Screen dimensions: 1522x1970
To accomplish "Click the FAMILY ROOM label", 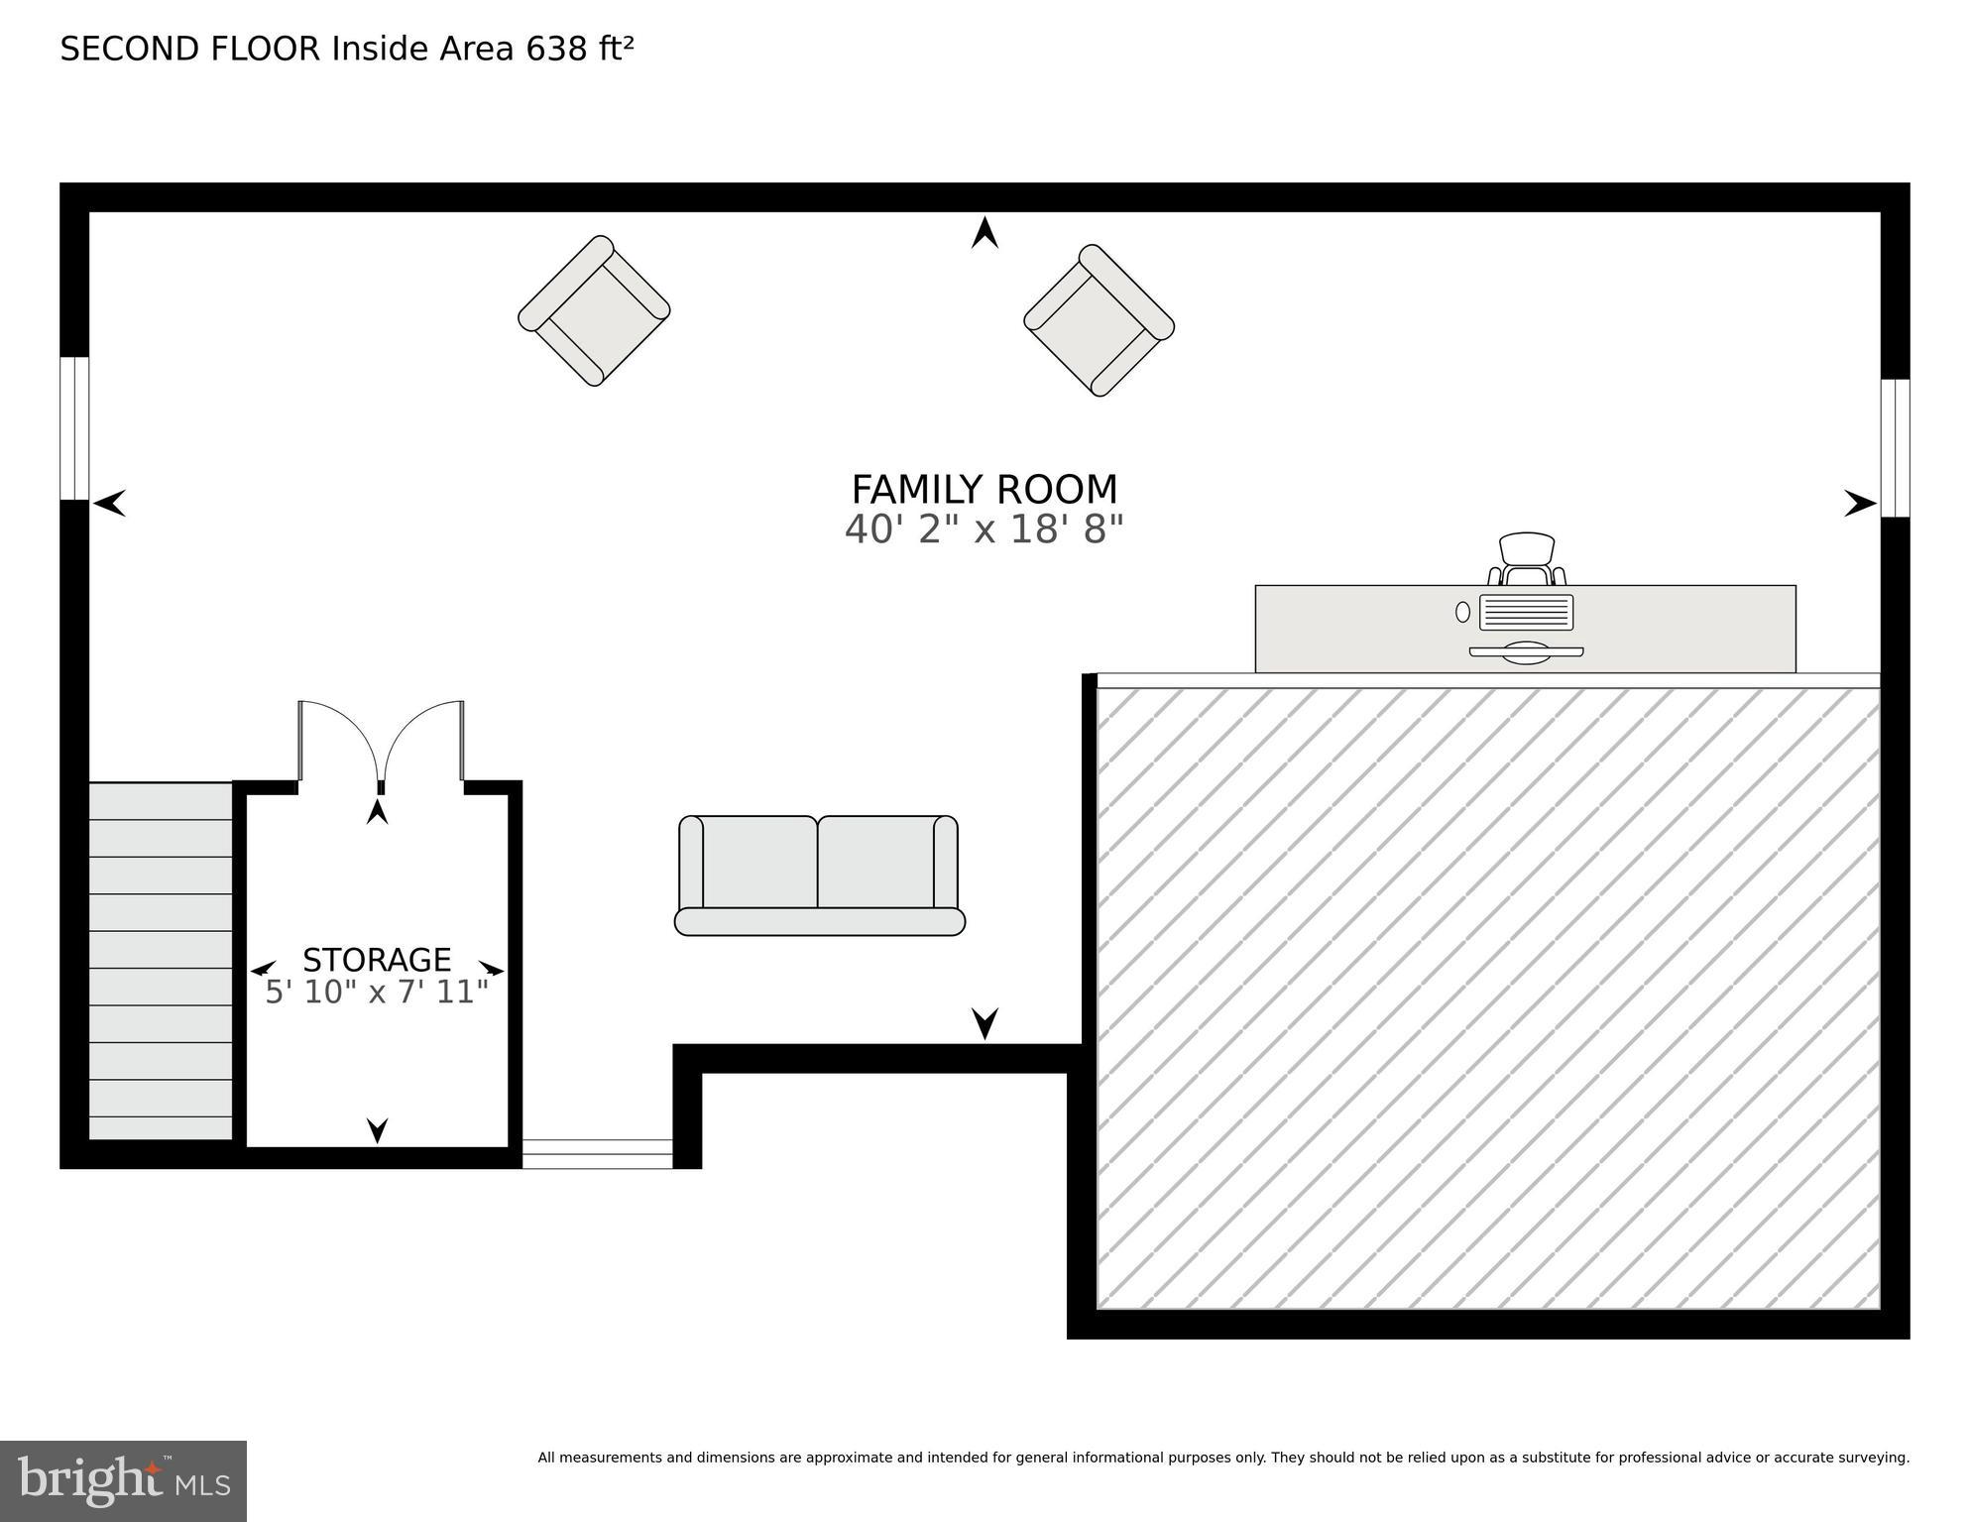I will (x=984, y=490).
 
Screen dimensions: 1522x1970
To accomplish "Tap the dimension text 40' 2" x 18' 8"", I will (x=984, y=530).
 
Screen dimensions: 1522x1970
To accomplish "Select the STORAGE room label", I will (x=377, y=960).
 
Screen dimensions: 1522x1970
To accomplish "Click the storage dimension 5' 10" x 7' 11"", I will (x=377, y=993).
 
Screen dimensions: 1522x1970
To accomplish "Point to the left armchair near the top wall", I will (x=594, y=310).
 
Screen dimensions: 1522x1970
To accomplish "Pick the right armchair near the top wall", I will (x=1099, y=320).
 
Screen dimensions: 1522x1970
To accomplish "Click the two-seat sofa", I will (x=819, y=876).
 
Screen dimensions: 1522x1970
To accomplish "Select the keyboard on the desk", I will (x=1526, y=612).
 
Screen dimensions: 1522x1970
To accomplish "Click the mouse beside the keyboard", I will (x=1462, y=612).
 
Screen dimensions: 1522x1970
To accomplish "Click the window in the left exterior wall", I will (x=74, y=428).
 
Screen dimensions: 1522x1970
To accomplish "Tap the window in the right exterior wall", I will (x=1895, y=448).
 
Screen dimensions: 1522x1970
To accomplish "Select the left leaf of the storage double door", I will (x=337, y=739).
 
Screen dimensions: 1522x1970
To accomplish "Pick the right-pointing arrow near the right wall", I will (x=1859, y=504).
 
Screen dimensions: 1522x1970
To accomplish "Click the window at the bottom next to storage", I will (x=597, y=1154).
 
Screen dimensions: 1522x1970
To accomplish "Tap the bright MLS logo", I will (x=123, y=1481).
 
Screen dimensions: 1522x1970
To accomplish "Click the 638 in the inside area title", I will (x=556, y=49).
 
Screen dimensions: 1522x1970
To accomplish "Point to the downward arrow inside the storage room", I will (x=377, y=1129).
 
